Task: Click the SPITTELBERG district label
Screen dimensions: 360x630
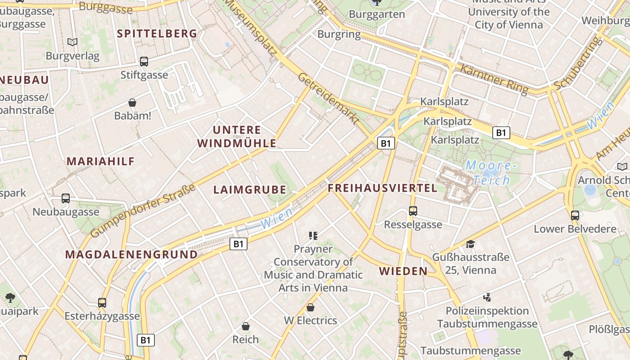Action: (157, 33)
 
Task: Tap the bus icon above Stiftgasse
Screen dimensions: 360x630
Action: (144, 62)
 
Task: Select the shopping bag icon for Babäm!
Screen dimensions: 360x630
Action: (132, 103)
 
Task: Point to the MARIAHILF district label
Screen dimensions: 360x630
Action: (101, 162)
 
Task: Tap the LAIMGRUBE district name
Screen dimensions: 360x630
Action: (250, 190)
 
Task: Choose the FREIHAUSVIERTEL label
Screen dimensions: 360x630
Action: (382, 188)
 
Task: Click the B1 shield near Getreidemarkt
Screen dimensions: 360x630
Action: (386, 143)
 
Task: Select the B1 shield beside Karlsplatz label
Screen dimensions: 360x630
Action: (501, 133)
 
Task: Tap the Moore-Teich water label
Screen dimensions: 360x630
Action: (489, 173)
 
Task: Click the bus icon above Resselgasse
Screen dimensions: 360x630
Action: (413, 211)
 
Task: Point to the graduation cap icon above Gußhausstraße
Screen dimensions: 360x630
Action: (470, 244)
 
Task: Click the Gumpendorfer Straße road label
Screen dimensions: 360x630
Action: (143, 211)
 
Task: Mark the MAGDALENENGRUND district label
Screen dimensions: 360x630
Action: (131, 255)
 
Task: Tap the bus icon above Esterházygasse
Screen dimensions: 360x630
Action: (102, 302)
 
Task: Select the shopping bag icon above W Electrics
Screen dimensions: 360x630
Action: (310, 307)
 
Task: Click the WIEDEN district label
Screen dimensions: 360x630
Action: (403, 271)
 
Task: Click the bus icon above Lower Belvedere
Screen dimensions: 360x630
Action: (575, 215)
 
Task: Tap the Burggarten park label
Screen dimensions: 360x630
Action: (377, 14)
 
